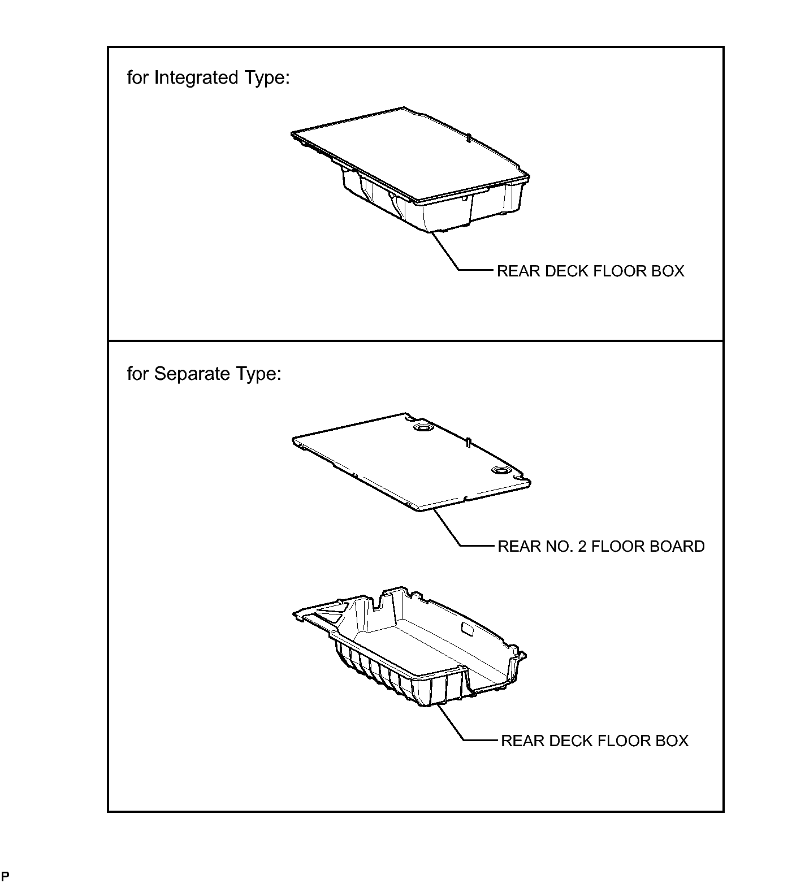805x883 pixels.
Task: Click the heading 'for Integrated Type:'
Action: coord(208,78)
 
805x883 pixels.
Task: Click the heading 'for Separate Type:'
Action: coord(204,374)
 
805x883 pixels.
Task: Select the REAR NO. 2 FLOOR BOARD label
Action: coord(601,547)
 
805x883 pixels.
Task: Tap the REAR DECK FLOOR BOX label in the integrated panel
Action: coord(590,271)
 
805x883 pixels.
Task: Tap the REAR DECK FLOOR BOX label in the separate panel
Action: coord(595,741)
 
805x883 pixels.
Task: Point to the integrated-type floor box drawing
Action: coord(411,169)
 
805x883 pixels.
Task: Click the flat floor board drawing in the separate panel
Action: coord(412,462)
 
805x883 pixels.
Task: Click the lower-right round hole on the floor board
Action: coord(500,470)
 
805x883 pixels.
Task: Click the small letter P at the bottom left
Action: coord(5,877)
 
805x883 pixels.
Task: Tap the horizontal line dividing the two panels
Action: coord(416,341)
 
